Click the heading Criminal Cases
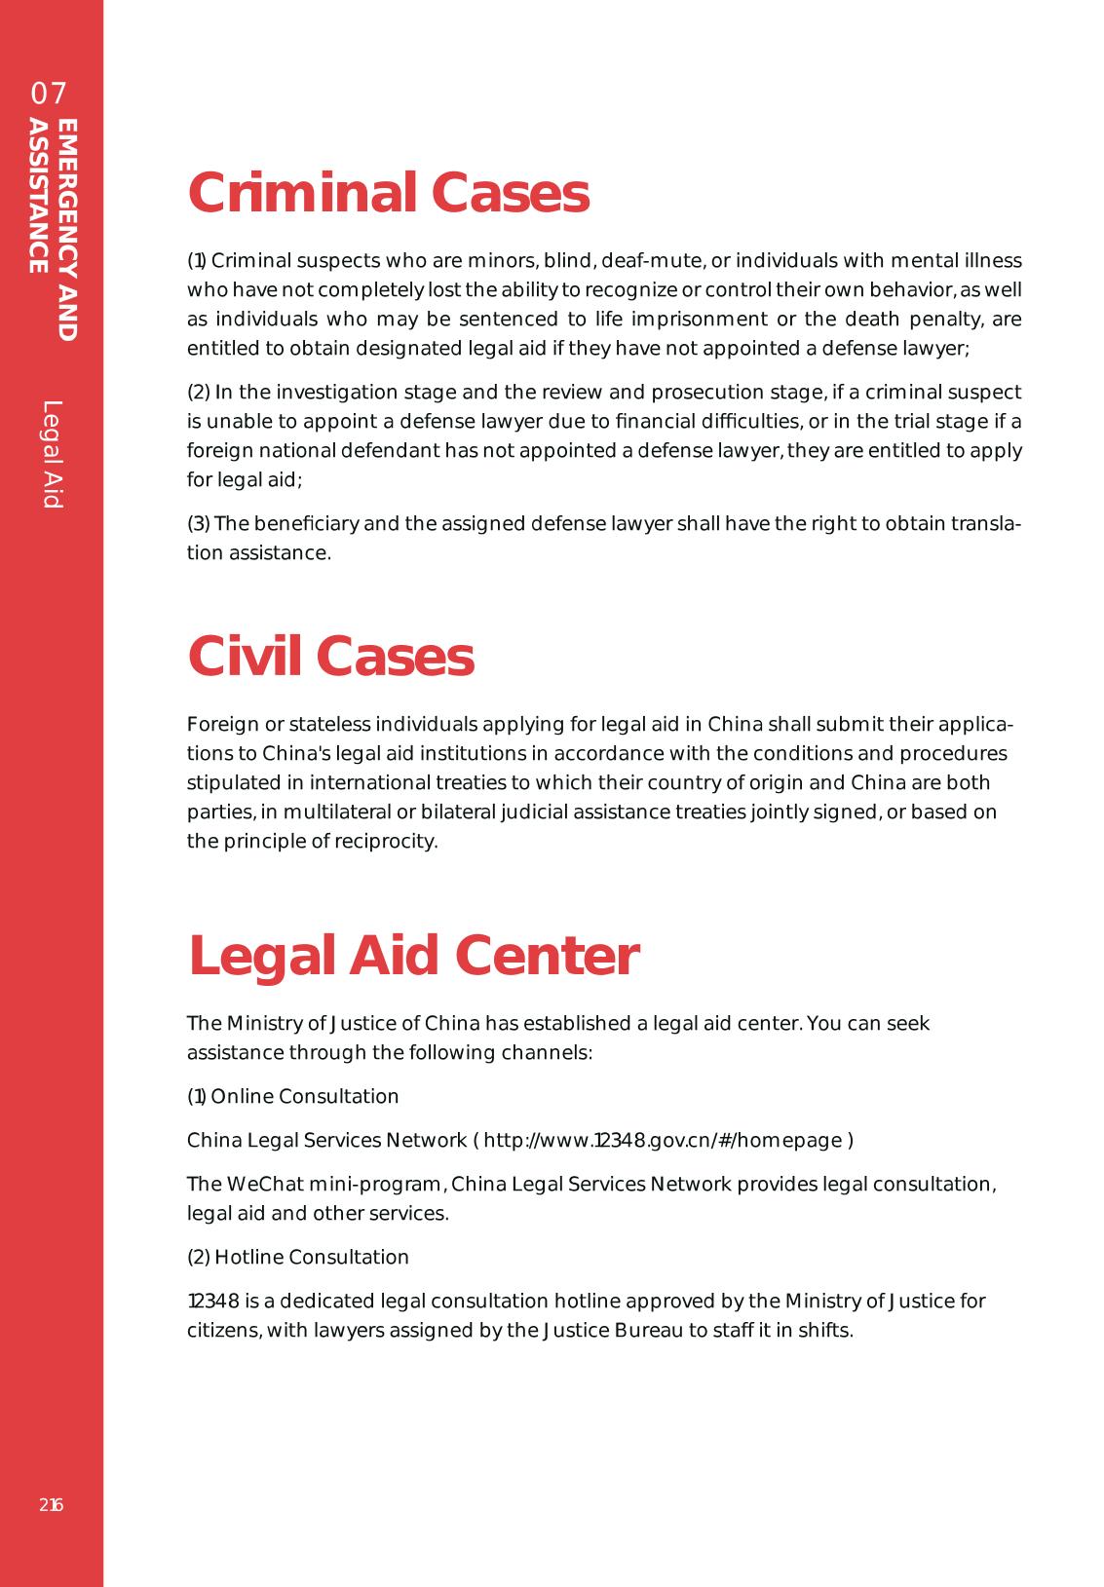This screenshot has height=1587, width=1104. point(388,193)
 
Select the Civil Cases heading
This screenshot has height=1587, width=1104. point(330,656)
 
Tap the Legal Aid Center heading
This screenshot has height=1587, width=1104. point(413,956)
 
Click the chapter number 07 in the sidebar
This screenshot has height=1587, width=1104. point(49,94)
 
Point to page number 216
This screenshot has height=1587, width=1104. point(52,1505)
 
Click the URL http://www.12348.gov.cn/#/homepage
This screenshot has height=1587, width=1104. point(663,1141)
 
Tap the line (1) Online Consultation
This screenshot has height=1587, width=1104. point(292,1097)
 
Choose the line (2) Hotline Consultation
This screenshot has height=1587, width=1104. point(297,1258)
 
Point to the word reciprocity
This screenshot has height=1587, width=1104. point(386,842)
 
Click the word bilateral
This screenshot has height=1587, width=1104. point(455,812)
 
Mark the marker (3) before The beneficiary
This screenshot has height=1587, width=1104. point(198,524)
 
